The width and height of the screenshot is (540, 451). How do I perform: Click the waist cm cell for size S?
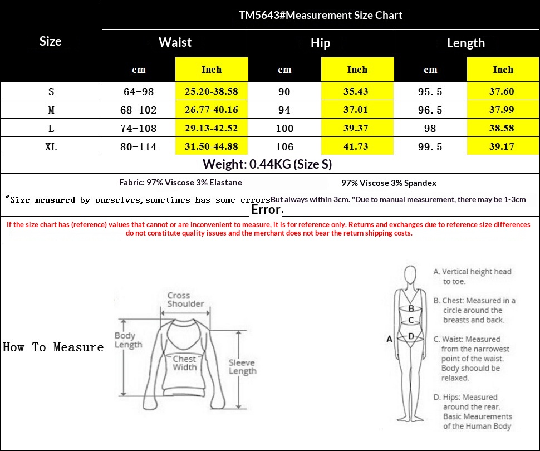click(139, 92)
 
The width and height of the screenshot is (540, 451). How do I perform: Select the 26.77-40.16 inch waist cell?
click(212, 110)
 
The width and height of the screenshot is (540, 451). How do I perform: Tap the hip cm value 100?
click(284, 129)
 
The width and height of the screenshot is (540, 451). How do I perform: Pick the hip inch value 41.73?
click(356, 147)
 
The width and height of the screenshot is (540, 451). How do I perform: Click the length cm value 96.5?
click(430, 110)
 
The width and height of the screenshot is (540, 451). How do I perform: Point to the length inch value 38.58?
click(502, 128)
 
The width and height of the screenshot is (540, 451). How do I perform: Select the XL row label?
click(51, 147)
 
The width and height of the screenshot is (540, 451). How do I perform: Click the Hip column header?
click(320, 43)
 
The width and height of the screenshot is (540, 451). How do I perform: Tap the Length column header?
click(466, 43)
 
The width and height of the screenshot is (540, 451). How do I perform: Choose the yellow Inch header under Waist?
click(212, 70)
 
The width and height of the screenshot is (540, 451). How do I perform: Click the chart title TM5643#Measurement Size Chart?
click(321, 15)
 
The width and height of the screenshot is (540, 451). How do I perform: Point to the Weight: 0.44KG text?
click(247, 164)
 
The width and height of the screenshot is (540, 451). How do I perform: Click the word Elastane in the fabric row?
click(225, 183)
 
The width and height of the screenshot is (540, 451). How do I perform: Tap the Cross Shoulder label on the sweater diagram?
click(185, 300)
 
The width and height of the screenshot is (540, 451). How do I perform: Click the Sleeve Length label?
click(243, 367)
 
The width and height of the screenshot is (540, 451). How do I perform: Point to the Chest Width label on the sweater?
click(185, 363)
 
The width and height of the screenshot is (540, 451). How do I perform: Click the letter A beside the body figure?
click(390, 339)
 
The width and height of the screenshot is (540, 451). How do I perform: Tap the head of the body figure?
click(410, 274)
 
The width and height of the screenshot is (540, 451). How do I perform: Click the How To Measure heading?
click(53, 347)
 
